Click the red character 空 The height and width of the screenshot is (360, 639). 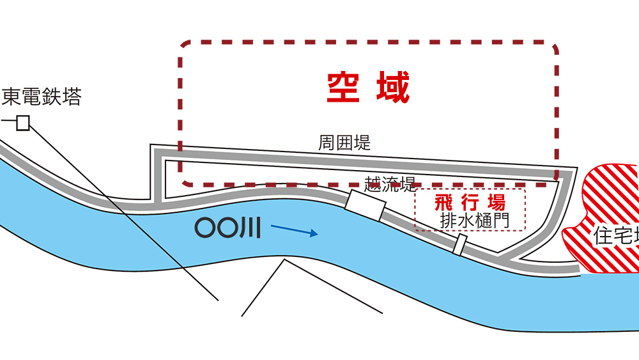[343, 88]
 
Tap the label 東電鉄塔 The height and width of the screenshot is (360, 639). [42, 97]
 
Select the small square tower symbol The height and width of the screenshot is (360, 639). [23, 123]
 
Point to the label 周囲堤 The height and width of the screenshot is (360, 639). [344, 143]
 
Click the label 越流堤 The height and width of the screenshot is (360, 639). [390, 185]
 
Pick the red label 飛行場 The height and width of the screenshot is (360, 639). [470, 203]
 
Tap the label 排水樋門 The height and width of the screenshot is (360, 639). [473, 221]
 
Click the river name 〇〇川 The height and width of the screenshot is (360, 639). [227, 228]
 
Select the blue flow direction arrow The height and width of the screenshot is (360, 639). [294, 230]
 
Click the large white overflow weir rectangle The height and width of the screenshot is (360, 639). [364, 204]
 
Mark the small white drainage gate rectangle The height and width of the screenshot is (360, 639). [459, 245]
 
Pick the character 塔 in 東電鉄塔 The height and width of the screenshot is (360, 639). [72, 97]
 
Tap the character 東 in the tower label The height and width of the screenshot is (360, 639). [12, 97]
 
